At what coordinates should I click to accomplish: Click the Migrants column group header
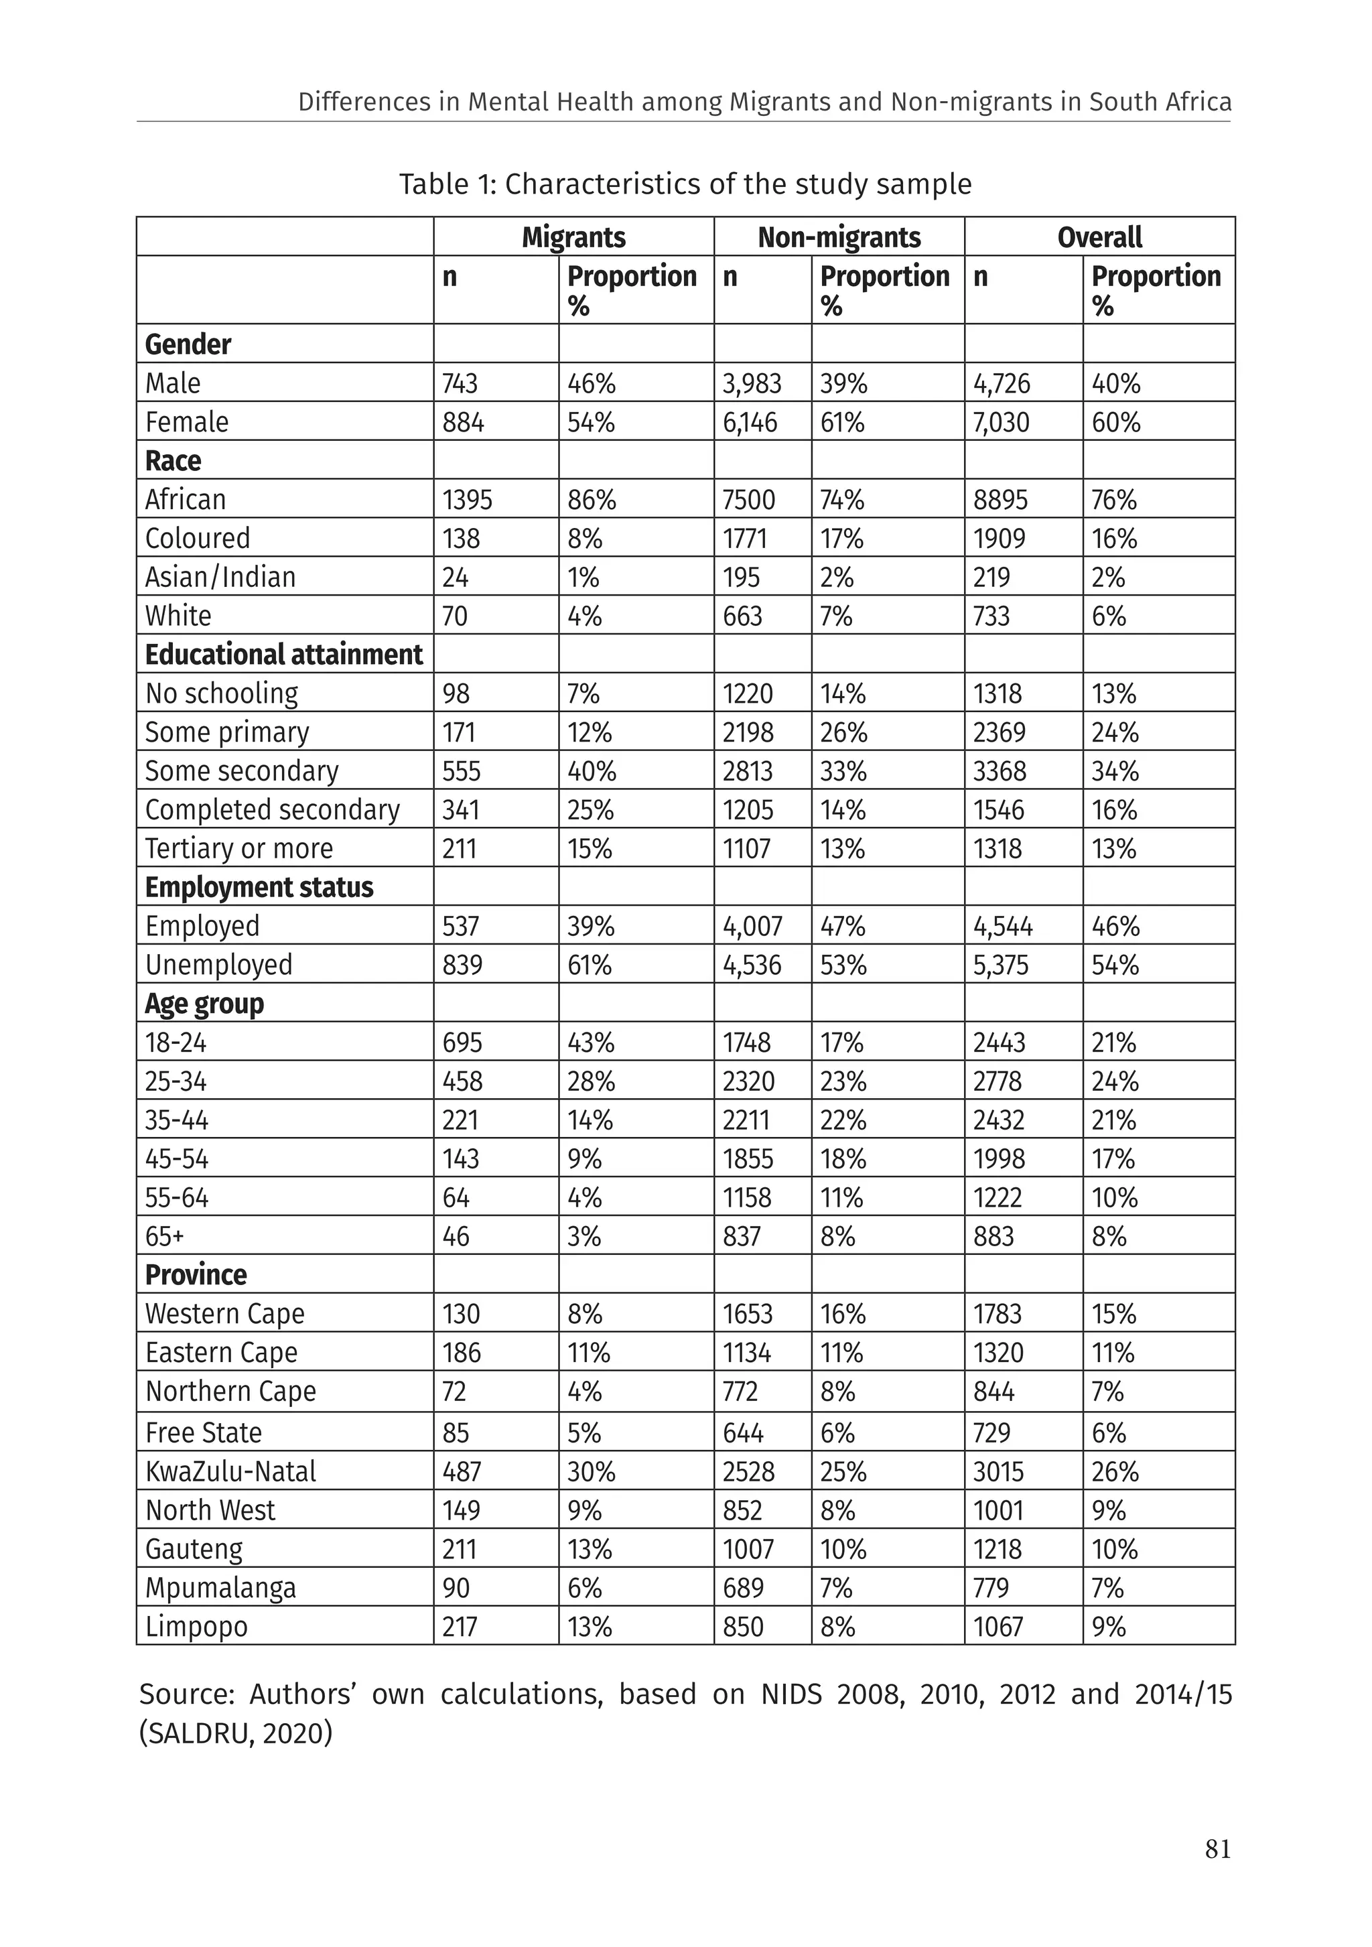coord(573,237)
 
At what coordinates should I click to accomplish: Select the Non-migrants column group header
coord(839,237)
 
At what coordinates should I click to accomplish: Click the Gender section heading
coord(188,344)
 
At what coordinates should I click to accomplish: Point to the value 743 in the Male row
coord(460,384)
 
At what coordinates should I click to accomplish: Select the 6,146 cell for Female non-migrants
coord(750,422)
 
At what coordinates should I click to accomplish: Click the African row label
coord(185,499)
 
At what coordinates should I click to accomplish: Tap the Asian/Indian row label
coord(220,578)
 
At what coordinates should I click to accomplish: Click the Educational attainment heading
coord(283,655)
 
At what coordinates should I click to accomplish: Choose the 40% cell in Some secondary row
coord(591,772)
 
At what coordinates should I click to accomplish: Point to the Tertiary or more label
coord(239,849)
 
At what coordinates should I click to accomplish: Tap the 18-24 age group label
coord(176,1043)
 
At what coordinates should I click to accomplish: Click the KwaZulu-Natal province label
coord(230,1471)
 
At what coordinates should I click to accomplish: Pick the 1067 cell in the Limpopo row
coord(998,1627)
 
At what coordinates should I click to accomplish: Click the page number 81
coord(1218,1849)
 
